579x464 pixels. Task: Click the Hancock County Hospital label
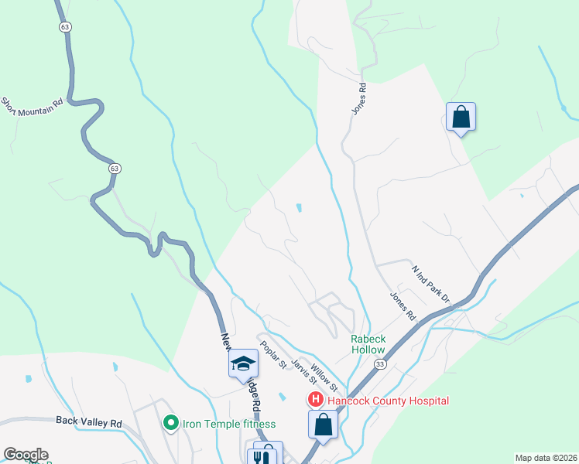pos(388,401)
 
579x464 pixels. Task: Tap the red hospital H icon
pos(316,400)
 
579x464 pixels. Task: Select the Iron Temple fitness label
pos(228,423)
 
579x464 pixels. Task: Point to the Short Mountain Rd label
pos(31,107)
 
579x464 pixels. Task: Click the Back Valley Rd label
pos(89,423)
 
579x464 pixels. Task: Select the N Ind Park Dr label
pos(430,284)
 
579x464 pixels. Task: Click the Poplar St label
pos(273,354)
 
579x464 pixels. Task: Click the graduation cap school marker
pos(243,363)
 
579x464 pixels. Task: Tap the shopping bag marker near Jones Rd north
pos(461,118)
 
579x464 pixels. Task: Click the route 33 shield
pos(379,363)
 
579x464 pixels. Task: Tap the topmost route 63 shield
pos(64,26)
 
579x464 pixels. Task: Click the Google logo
pos(25,455)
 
